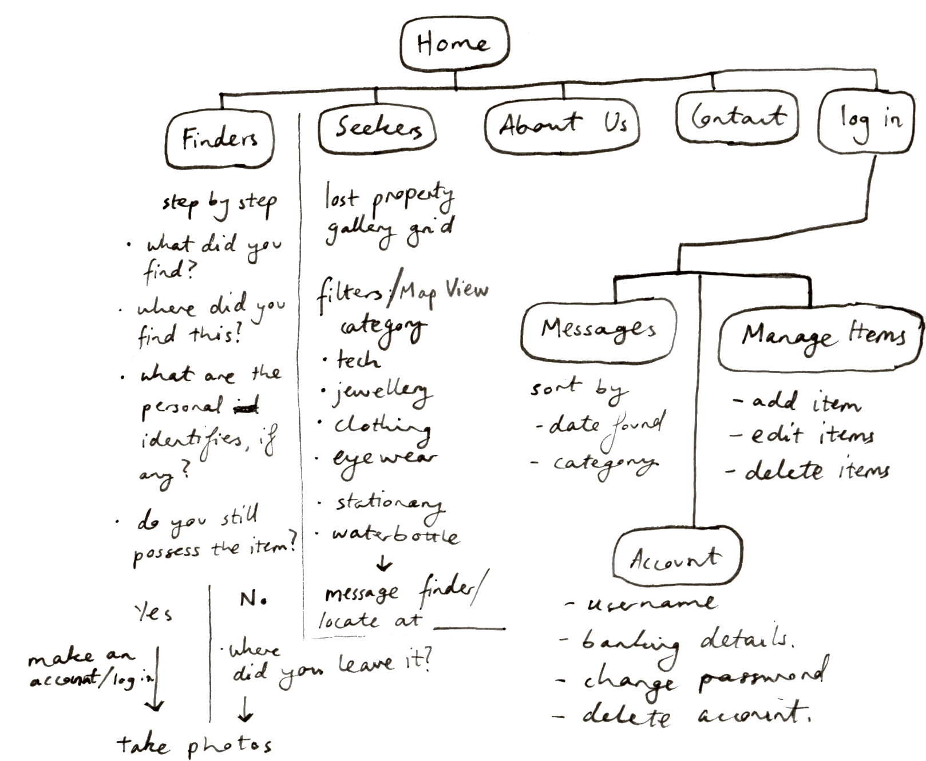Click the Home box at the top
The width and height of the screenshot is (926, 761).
click(x=454, y=45)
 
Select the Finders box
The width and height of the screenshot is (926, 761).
click(x=220, y=138)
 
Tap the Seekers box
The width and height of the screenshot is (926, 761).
click(x=377, y=128)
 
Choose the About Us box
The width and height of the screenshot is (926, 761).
click(x=562, y=126)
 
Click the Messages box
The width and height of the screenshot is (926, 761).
click(x=598, y=329)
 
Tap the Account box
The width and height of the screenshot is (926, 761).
click(x=677, y=558)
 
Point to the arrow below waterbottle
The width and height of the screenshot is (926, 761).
click(x=384, y=564)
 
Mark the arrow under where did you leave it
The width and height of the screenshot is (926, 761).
click(x=244, y=710)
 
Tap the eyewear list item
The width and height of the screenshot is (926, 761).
click(x=385, y=459)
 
